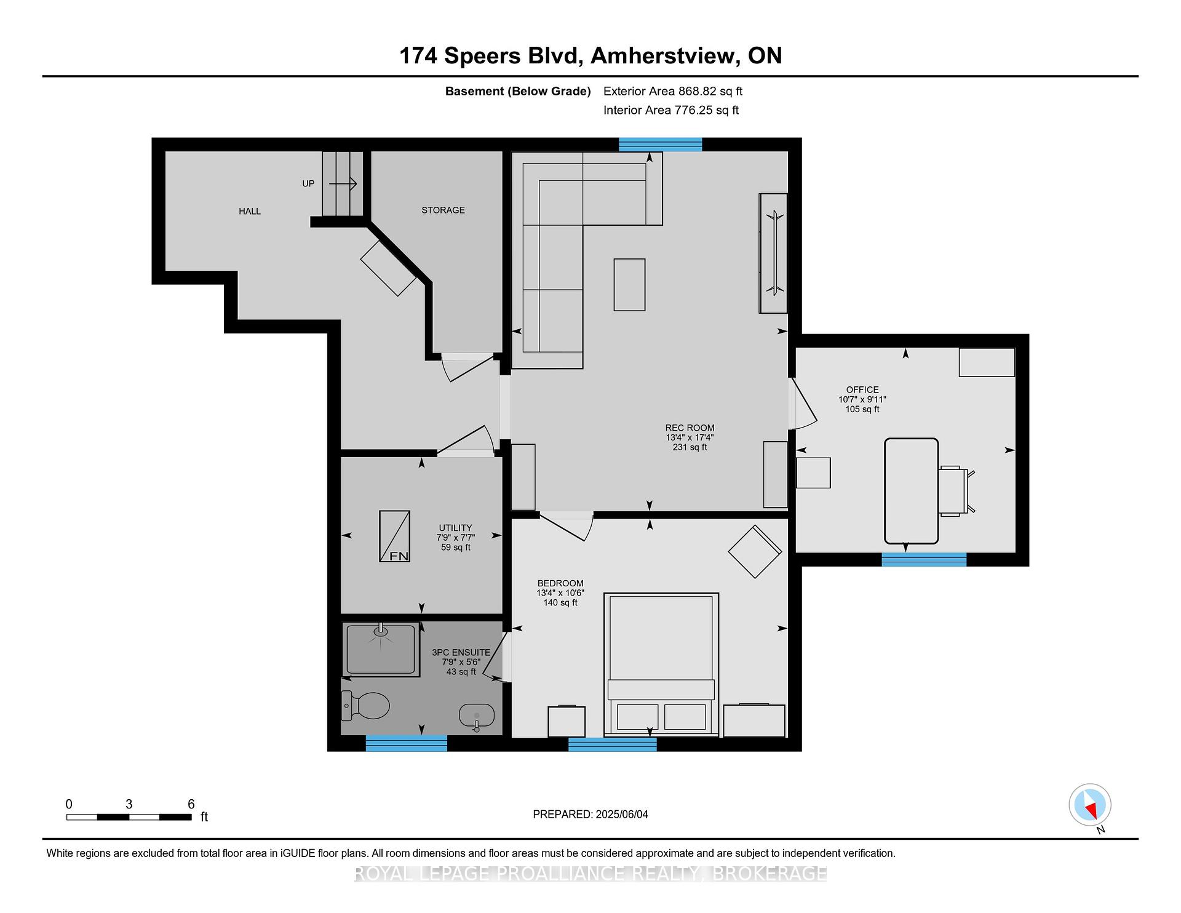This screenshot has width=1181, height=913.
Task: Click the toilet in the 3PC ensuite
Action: tap(366, 706)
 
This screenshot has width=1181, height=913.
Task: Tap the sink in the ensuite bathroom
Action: tap(477, 717)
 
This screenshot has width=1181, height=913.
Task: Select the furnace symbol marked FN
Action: tap(394, 536)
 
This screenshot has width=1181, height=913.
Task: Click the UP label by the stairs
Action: tap(308, 183)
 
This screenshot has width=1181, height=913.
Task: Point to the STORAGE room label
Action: tap(443, 210)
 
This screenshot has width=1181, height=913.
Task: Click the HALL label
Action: tap(250, 211)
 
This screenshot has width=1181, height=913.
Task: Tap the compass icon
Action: tap(1090, 805)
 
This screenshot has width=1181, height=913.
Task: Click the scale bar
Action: tap(129, 817)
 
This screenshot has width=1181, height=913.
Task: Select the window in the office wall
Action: tap(924, 559)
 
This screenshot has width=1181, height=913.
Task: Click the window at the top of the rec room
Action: tap(660, 145)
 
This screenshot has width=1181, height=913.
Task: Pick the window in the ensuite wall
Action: tap(407, 743)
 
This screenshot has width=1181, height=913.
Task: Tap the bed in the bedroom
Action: tap(661, 664)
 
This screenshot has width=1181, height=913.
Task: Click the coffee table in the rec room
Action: tap(629, 284)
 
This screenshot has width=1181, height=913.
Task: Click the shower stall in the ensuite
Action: tap(381, 649)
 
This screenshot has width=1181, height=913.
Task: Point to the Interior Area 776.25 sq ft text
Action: tap(671, 110)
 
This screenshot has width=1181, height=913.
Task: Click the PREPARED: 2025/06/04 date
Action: tap(590, 814)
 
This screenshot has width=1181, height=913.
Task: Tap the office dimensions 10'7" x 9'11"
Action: tap(862, 399)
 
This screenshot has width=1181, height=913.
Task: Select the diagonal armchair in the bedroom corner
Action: tap(755, 551)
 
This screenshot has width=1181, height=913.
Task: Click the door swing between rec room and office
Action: tap(803, 403)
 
